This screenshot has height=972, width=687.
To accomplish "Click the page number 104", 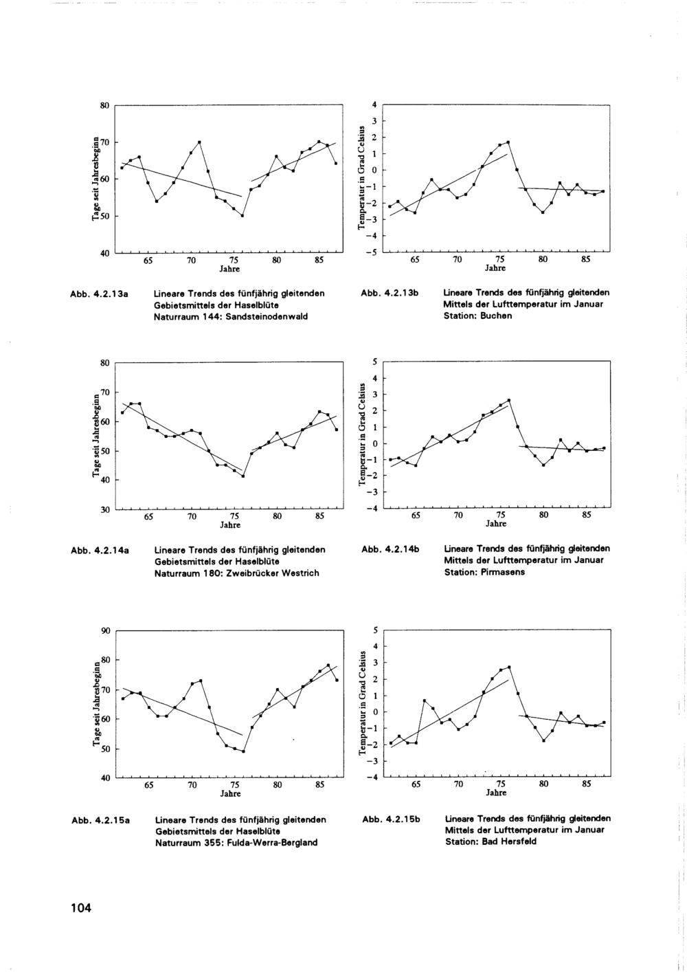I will [x=80, y=908].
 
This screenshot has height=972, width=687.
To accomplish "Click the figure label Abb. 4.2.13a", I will [x=102, y=293].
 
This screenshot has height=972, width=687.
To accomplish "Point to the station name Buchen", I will [x=497, y=316].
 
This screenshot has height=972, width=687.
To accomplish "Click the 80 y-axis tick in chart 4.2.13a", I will [x=104, y=105].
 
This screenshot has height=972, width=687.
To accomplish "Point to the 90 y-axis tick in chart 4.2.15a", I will [x=104, y=630].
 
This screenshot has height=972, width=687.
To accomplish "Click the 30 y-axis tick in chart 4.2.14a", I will [x=104, y=509].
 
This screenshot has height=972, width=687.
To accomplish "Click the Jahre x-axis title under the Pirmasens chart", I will [x=496, y=524].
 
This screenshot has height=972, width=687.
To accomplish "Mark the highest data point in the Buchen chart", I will [x=508, y=142].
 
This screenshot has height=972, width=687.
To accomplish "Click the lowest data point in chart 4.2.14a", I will [x=243, y=476].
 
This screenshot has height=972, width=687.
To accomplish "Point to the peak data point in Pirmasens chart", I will [x=509, y=400].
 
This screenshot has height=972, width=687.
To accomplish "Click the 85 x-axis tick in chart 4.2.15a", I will [x=319, y=784].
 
